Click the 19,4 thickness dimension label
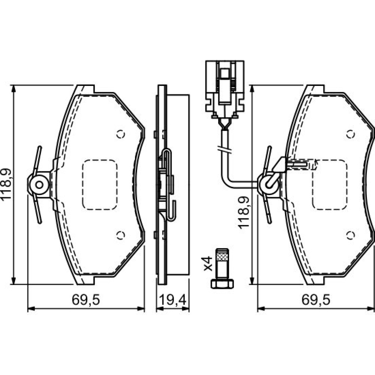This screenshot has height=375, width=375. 172,300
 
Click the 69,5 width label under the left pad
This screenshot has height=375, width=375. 85,300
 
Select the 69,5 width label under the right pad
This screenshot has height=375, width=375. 316,300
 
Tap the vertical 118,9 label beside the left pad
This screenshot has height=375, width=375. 6,184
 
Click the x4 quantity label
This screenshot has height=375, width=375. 208,264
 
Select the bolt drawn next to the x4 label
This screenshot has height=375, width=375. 222,268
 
